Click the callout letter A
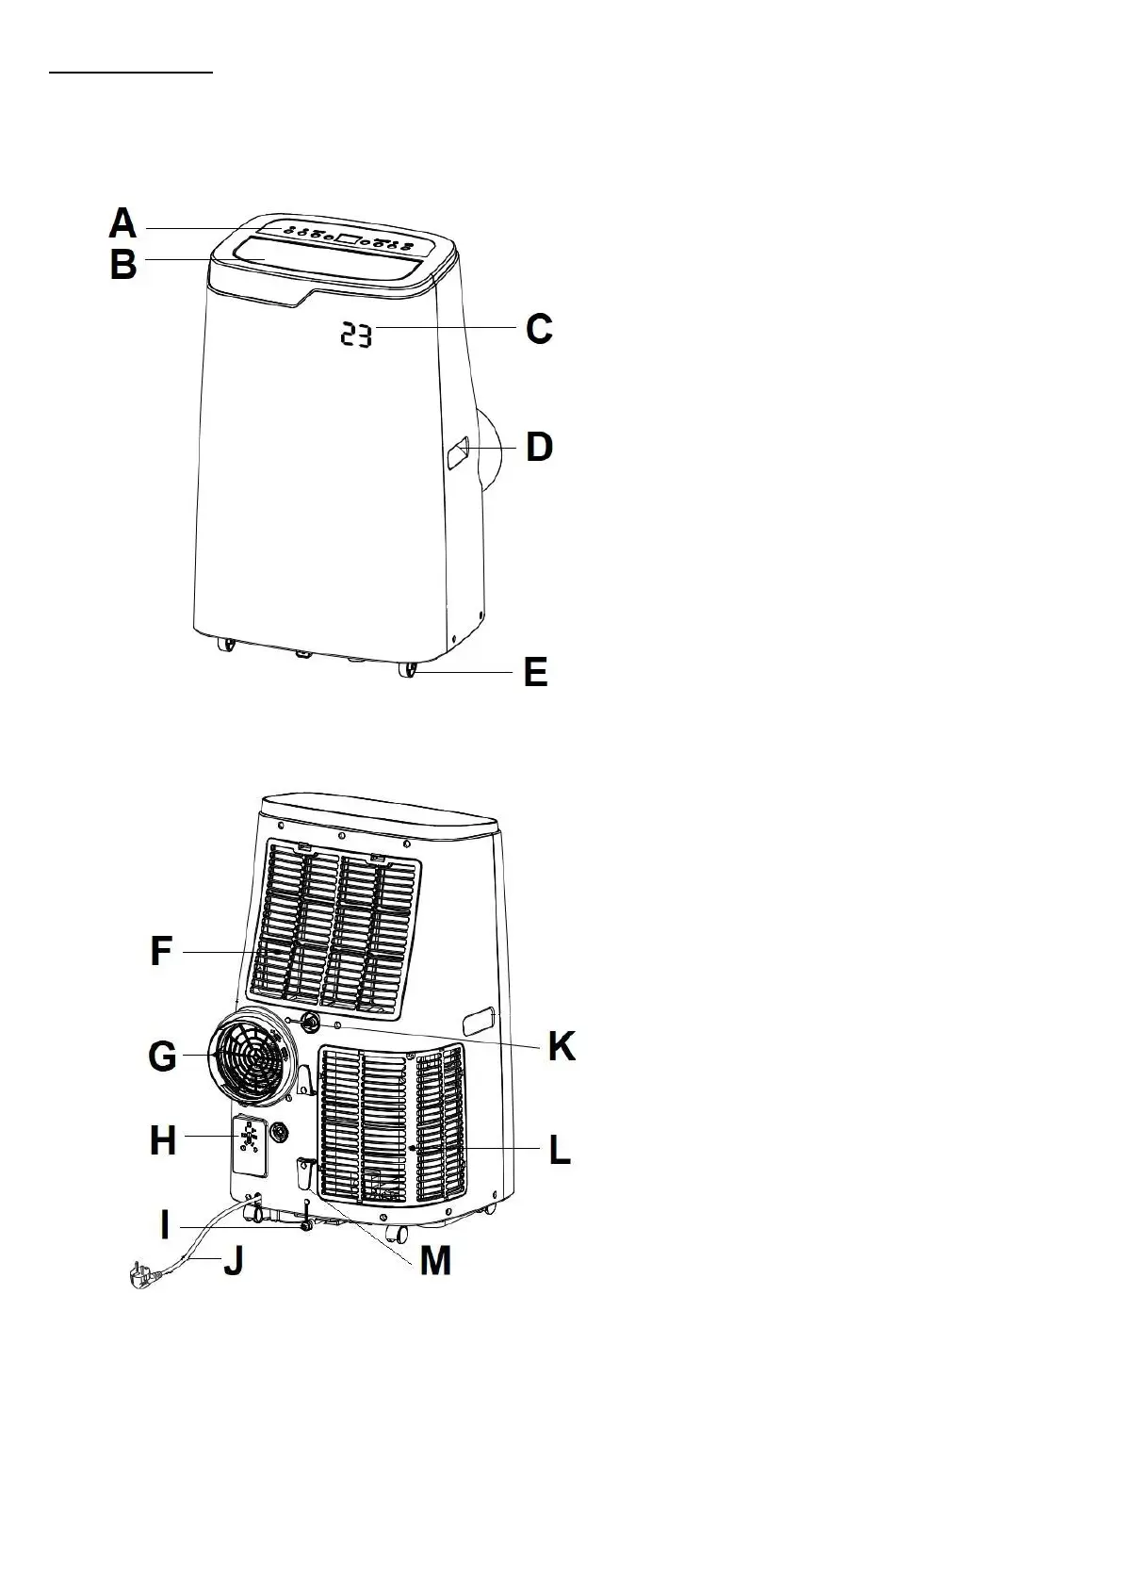click(x=122, y=224)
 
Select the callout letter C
click(x=539, y=330)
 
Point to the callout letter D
click(x=539, y=447)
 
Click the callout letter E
click(x=535, y=673)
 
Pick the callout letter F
click(x=161, y=952)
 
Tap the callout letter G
click(x=162, y=1057)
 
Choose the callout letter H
click(x=163, y=1140)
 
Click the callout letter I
click(x=166, y=1225)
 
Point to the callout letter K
click(x=562, y=1046)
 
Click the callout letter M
click(x=434, y=1260)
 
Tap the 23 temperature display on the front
click(x=356, y=335)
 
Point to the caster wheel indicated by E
click(x=408, y=671)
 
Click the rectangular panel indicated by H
click(x=248, y=1143)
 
